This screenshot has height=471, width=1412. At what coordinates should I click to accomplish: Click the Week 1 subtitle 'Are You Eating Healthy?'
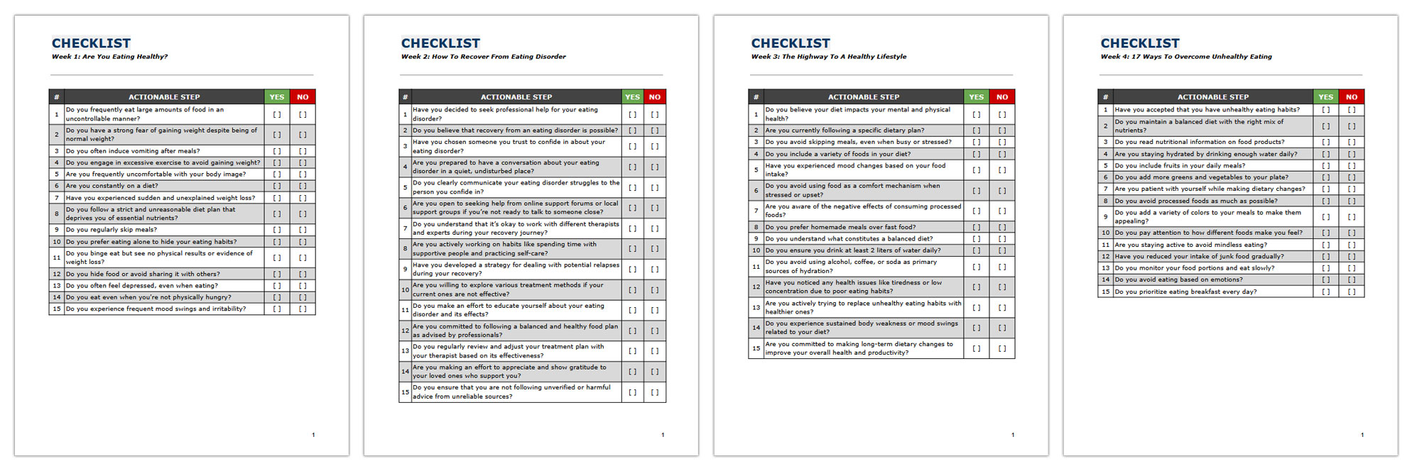125,57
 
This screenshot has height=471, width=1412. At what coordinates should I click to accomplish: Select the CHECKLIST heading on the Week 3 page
791,43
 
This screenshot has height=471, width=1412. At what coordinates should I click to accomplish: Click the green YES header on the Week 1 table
277,97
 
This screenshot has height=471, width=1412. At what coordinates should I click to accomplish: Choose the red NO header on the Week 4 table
1351,97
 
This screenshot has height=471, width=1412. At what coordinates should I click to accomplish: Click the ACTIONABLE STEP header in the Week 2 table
516,97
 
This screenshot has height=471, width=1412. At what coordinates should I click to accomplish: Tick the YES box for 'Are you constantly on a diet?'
277,186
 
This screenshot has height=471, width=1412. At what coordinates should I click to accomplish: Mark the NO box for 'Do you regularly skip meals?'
303,230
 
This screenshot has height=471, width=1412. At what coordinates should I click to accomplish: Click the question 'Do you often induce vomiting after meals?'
133,151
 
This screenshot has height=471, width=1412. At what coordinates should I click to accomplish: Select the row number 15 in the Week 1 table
57,309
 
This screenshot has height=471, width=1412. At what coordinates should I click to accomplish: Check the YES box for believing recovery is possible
632,131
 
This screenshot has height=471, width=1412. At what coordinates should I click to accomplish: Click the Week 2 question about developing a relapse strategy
516,270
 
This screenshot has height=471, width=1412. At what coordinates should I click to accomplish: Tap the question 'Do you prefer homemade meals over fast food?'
840,228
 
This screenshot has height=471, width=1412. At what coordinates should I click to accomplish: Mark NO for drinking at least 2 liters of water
1001,250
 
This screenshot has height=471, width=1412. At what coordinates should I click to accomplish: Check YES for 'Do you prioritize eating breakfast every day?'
1325,292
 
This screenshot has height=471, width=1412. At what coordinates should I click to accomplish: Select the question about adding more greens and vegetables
1201,177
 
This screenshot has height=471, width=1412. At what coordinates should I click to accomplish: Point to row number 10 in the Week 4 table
1105,233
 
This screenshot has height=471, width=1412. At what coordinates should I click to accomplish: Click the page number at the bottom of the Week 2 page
663,435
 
